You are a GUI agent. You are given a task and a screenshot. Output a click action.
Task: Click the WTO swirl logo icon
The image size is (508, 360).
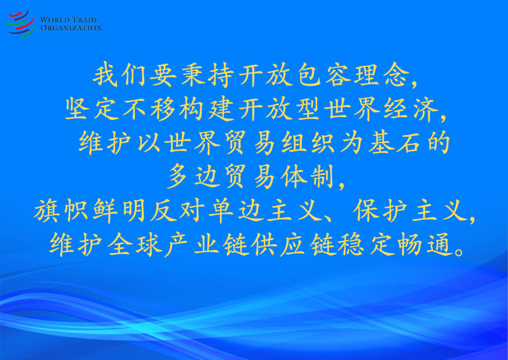click(x=20, y=23)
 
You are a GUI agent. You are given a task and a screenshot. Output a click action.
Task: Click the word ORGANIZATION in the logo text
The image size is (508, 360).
click(x=71, y=28)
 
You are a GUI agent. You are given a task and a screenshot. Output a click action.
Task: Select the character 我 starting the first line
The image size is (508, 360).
click(x=105, y=75)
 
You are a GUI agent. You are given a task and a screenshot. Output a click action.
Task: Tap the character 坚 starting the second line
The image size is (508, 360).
click(x=77, y=109)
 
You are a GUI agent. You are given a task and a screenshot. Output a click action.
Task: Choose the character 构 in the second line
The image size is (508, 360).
click(x=192, y=109)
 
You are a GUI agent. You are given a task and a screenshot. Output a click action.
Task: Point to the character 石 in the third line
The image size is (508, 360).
click(x=408, y=143)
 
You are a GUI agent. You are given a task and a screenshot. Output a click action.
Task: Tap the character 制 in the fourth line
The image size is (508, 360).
click(x=322, y=176)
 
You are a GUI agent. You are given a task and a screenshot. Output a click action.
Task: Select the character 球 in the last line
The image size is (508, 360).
click(x=149, y=245)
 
